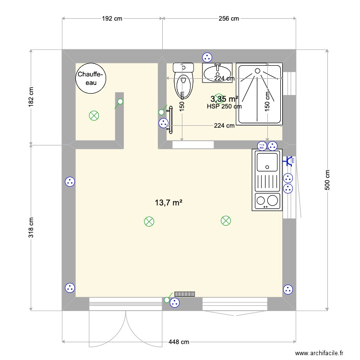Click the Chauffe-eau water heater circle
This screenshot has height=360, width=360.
tap(91, 77)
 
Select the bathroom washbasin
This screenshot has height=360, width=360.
tap(217, 73)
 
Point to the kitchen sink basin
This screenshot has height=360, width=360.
tap(267, 161)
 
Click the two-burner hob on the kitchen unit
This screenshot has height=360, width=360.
tap(266, 201)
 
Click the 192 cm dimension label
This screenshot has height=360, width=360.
tap(112, 19)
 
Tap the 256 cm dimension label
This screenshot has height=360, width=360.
tap(228, 19)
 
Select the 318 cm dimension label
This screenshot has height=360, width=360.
tap(31, 228)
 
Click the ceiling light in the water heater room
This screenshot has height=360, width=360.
tap(94, 115)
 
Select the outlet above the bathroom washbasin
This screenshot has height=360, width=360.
tap(207, 57)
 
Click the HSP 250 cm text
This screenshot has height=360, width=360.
tap(224, 107)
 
